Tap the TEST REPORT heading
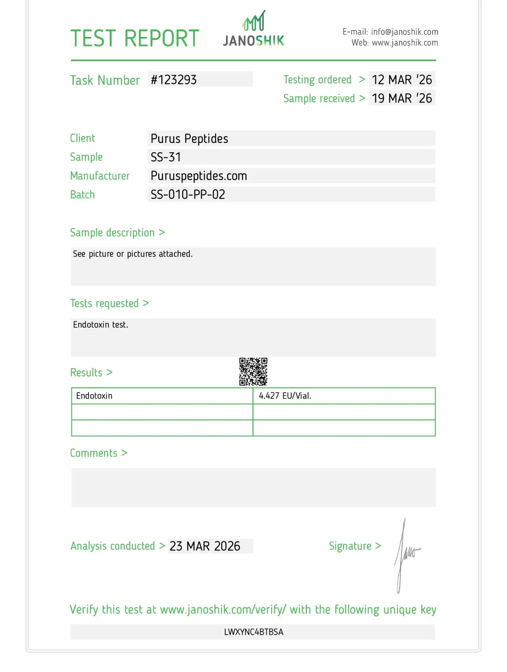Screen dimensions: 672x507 (135, 38)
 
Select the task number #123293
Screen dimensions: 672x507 (174, 80)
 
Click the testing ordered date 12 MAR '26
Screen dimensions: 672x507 (402, 80)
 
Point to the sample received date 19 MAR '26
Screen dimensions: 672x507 (402, 98)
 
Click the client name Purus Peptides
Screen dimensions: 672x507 (189, 138)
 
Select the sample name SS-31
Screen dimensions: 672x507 (166, 157)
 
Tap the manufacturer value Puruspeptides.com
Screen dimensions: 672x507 (199, 176)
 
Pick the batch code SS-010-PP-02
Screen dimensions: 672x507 (188, 195)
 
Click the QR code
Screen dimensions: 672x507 (253, 372)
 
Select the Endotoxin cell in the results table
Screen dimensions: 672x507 (94, 396)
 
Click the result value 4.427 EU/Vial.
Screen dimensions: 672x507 (285, 396)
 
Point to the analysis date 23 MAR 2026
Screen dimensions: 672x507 (205, 546)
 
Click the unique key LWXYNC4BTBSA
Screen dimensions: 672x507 (253, 632)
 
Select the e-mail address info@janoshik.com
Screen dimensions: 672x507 (404, 32)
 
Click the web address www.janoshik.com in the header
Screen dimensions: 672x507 (405, 43)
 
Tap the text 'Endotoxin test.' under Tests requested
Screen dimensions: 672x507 (101, 325)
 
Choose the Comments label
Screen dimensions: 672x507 (94, 453)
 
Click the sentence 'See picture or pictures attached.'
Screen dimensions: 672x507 (133, 254)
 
